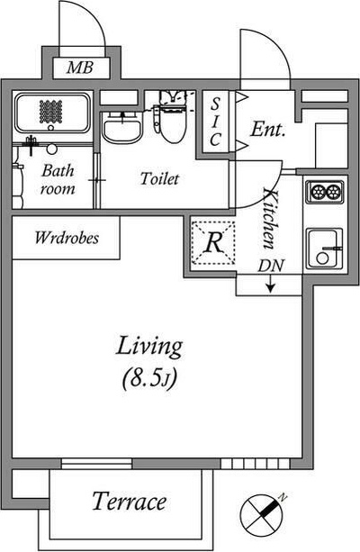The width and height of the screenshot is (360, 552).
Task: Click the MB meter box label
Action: point(81,68)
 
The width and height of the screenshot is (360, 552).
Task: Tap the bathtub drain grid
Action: point(50,112)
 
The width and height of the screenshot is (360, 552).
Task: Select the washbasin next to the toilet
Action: point(122,129)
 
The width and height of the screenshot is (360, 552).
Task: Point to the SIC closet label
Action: point(215,122)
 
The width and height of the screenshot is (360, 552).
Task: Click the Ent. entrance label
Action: point(267,129)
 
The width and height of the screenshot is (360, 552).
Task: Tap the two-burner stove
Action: point(325,192)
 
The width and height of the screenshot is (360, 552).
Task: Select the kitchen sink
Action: point(324,249)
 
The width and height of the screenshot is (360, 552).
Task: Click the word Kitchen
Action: point(270,218)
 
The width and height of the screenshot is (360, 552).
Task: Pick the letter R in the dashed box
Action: point(213,242)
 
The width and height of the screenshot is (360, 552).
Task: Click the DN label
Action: point(270,267)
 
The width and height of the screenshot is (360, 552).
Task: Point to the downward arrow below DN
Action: point(270,284)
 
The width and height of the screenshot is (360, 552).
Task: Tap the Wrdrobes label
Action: point(67,238)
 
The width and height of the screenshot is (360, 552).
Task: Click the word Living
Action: point(149,347)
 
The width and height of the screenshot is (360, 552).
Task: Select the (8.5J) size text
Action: point(148,378)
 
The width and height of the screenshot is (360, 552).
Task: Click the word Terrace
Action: point(129,501)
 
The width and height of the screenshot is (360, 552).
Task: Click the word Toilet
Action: point(159,178)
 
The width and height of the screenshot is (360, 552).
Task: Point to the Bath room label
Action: point(58,179)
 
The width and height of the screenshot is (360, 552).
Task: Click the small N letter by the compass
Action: point(283,498)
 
